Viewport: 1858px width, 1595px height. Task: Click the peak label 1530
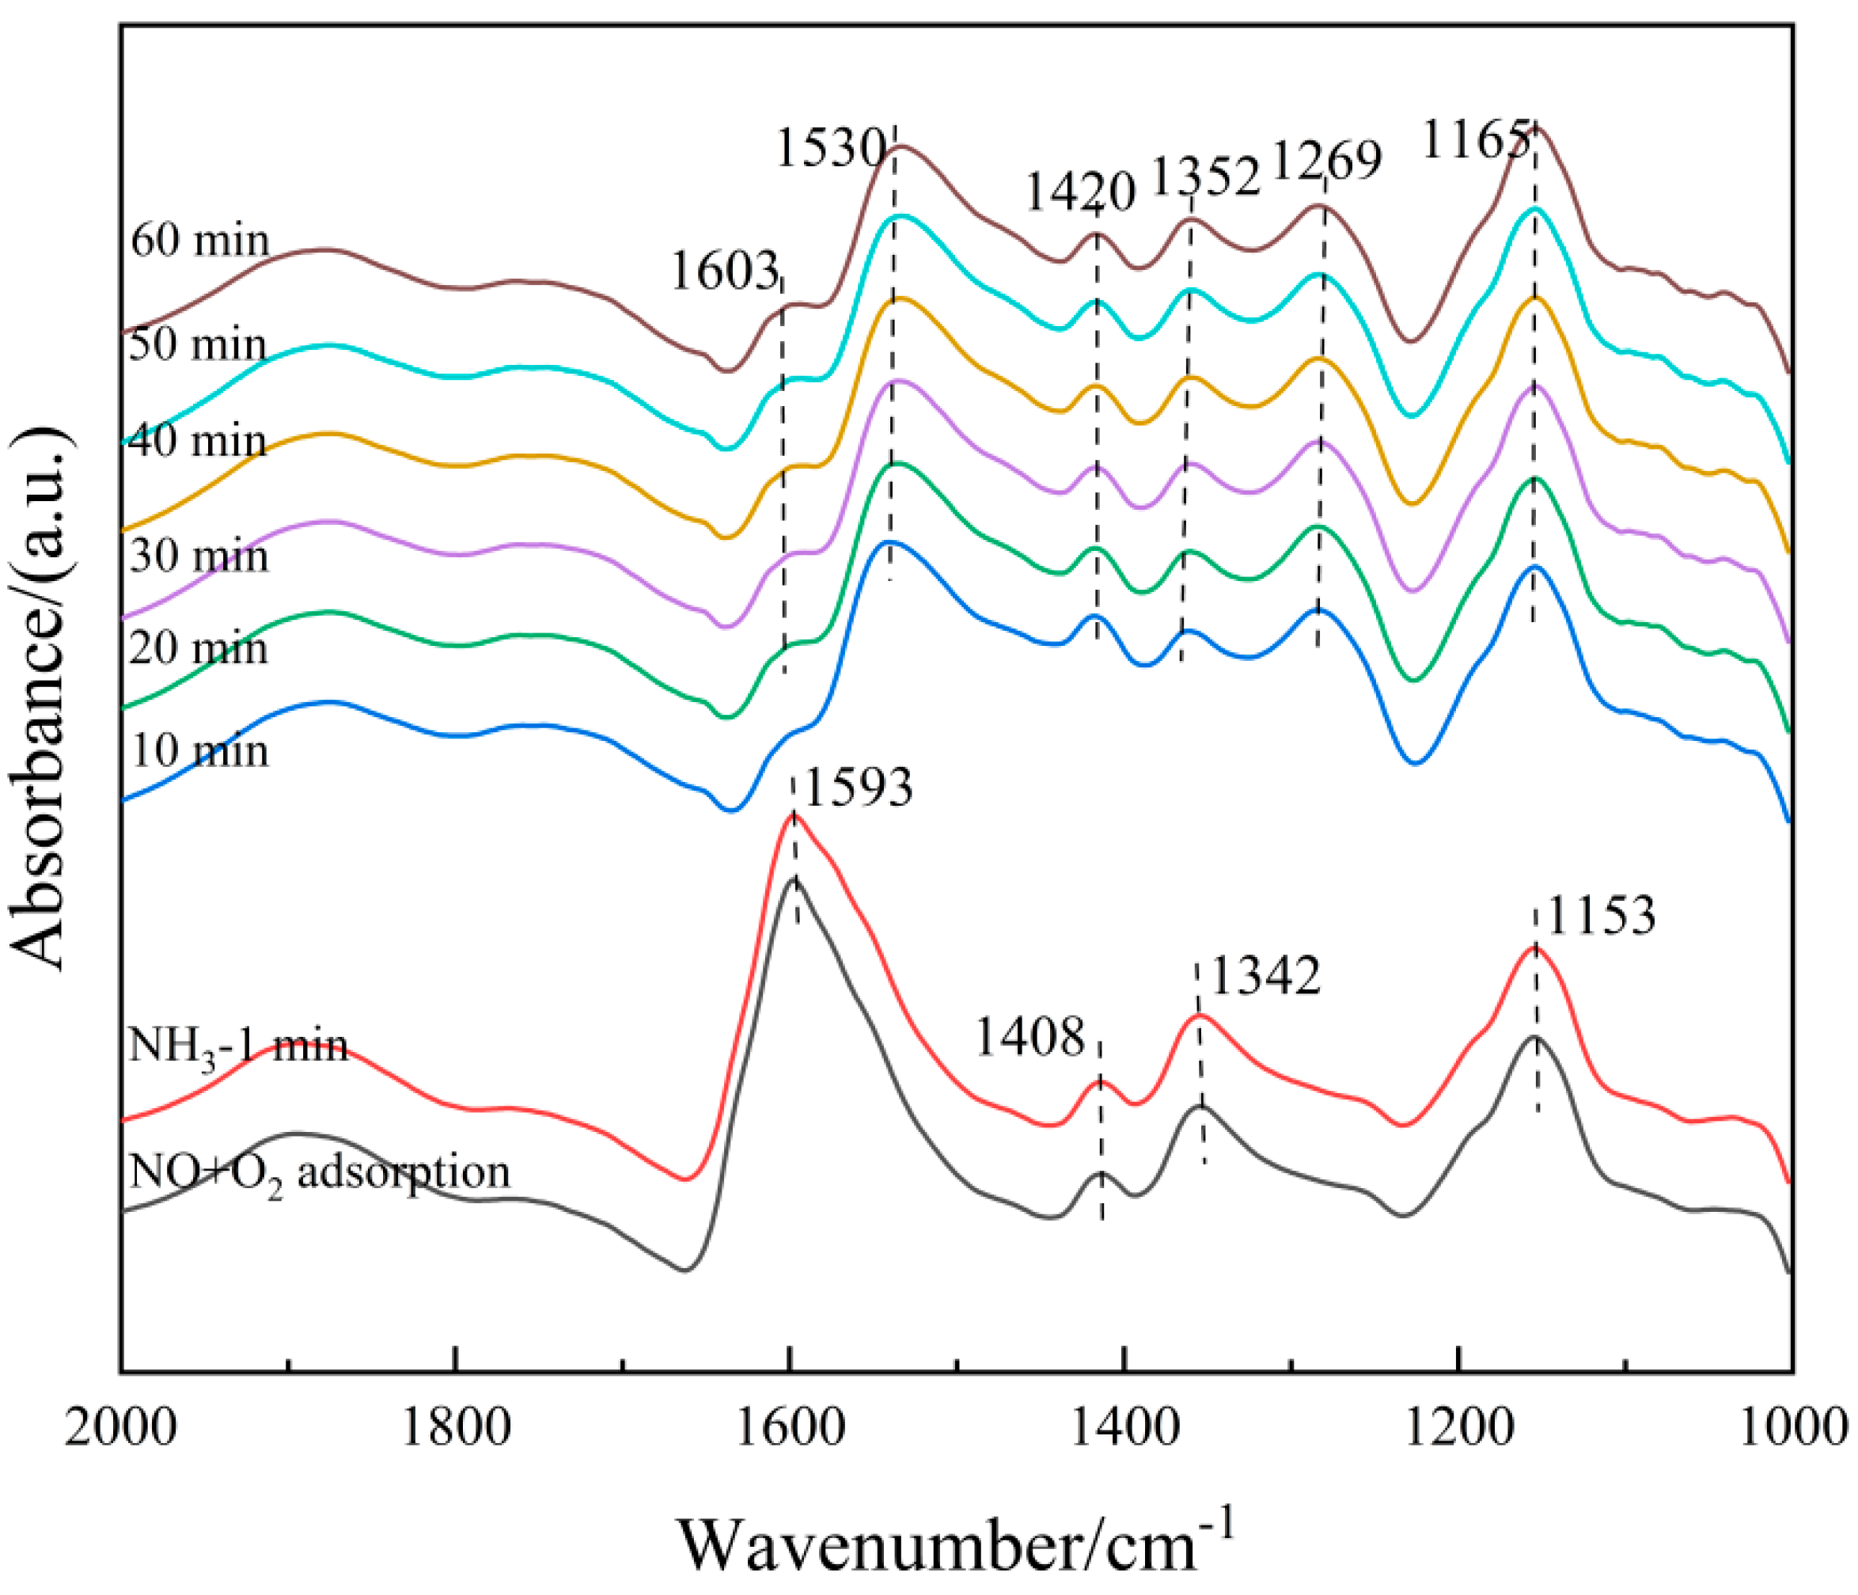[830, 148]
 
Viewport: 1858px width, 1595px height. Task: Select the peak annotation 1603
[723, 271]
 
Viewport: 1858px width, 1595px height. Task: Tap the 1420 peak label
[1079, 192]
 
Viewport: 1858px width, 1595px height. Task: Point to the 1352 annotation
[1204, 177]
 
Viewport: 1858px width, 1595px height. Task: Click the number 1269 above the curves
[1326, 161]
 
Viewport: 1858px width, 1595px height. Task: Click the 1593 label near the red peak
[857, 788]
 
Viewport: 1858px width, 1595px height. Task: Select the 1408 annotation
[1029, 1037]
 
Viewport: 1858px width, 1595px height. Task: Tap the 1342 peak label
[1265, 976]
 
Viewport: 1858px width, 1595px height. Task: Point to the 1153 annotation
[1601, 917]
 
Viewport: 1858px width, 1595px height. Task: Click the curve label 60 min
[199, 241]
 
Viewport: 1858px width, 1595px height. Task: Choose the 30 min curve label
[199, 557]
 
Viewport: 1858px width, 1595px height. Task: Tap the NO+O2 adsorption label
[319, 1173]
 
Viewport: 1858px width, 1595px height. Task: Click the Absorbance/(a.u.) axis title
[40, 700]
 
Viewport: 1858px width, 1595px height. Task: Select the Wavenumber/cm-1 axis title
[956, 1540]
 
